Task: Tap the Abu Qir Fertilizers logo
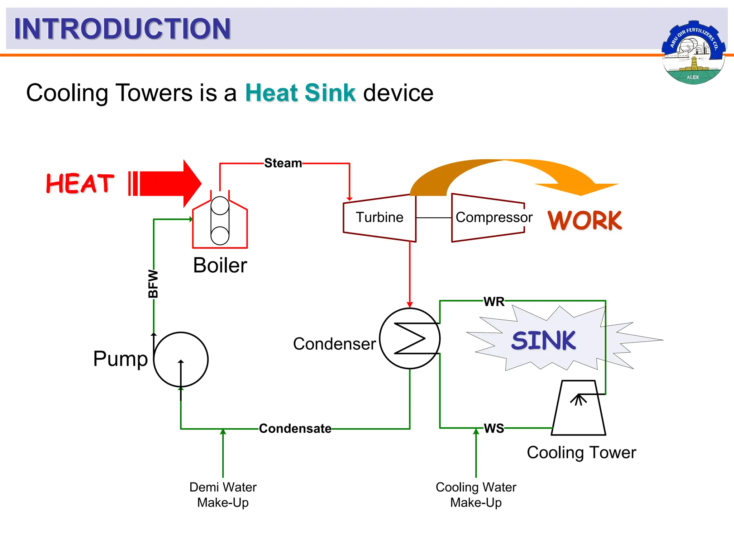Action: [694, 53]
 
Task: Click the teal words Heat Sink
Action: [300, 93]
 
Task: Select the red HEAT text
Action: [80, 183]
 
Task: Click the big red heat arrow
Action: [168, 183]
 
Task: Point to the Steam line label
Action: [283, 163]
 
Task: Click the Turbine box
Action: [379, 218]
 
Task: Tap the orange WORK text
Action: [585, 220]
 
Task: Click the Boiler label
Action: [220, 265]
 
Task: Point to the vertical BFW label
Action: [153, 284]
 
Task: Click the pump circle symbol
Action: [181, 359]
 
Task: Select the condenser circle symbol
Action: [410, 338]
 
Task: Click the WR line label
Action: [494, 302]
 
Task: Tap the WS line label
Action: [494, 428]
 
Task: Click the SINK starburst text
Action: [543, 340]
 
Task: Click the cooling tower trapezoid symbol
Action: [578, 409]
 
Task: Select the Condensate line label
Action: [295, 429]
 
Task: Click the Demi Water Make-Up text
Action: [223, 495]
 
